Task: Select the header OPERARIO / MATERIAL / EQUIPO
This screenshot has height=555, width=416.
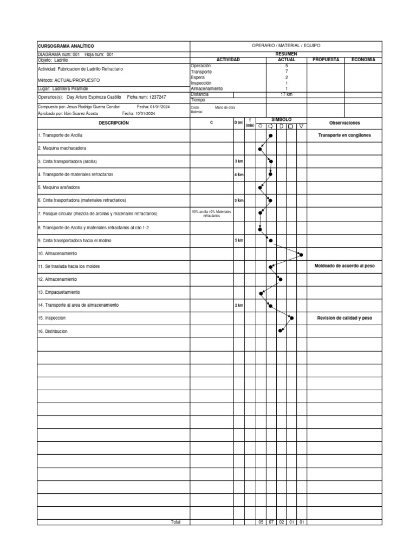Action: pos(286,46)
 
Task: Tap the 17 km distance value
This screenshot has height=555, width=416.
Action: pos(286,94)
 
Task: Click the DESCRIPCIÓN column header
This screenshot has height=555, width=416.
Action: pos(114,123)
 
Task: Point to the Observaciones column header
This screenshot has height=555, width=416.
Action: pos(344,123)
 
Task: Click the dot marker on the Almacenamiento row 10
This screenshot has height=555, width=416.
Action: pos(301,254)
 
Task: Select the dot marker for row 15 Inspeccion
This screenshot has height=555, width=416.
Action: pos(291,318)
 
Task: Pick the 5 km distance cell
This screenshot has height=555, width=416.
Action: pos(239,240)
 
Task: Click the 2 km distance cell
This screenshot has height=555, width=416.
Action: pos(239,305)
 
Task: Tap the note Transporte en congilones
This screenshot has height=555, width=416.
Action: pos(344,135)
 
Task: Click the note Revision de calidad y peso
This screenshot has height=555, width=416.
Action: pos(344,318)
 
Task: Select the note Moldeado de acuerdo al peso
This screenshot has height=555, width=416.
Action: pos(344,266)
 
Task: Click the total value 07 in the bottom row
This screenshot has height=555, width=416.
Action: pos(271,522)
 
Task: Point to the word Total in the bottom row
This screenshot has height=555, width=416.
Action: pos(175,522)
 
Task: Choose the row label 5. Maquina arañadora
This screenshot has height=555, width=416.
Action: pos(59,188)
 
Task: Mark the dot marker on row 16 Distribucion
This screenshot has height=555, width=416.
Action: pos(281,331)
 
